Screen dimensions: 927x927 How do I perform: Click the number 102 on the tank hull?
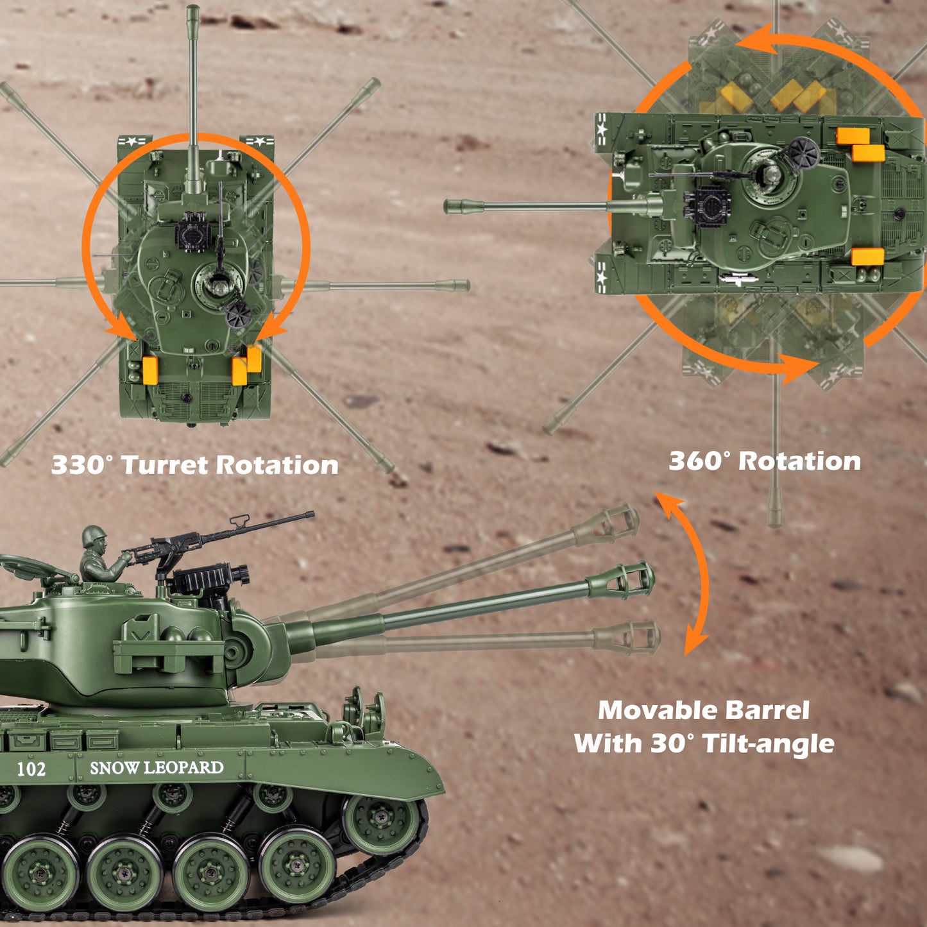31,769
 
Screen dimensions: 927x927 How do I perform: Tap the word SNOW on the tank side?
115,768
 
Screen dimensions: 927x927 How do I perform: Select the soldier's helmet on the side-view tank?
94,536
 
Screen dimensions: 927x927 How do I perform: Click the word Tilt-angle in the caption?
769,744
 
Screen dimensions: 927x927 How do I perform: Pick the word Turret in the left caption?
164,465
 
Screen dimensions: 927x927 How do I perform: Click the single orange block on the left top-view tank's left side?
151,370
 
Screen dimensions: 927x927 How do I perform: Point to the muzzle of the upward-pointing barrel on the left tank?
192,13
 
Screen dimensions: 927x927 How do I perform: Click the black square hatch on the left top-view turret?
193,233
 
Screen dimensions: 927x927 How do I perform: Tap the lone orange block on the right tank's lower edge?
867,257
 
